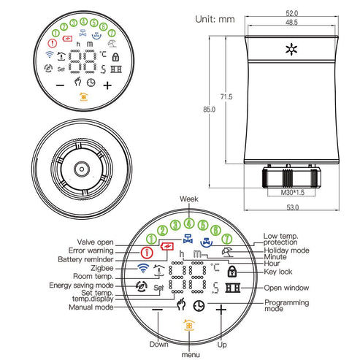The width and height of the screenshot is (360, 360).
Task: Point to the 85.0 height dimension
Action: click(210, 110)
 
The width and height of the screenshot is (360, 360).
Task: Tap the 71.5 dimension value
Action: click(227, 96)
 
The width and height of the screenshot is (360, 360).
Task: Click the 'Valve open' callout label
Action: click(95, 242)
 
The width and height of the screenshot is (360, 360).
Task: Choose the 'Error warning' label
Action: click(91, 250)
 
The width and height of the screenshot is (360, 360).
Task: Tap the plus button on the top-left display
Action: click(108, 85)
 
